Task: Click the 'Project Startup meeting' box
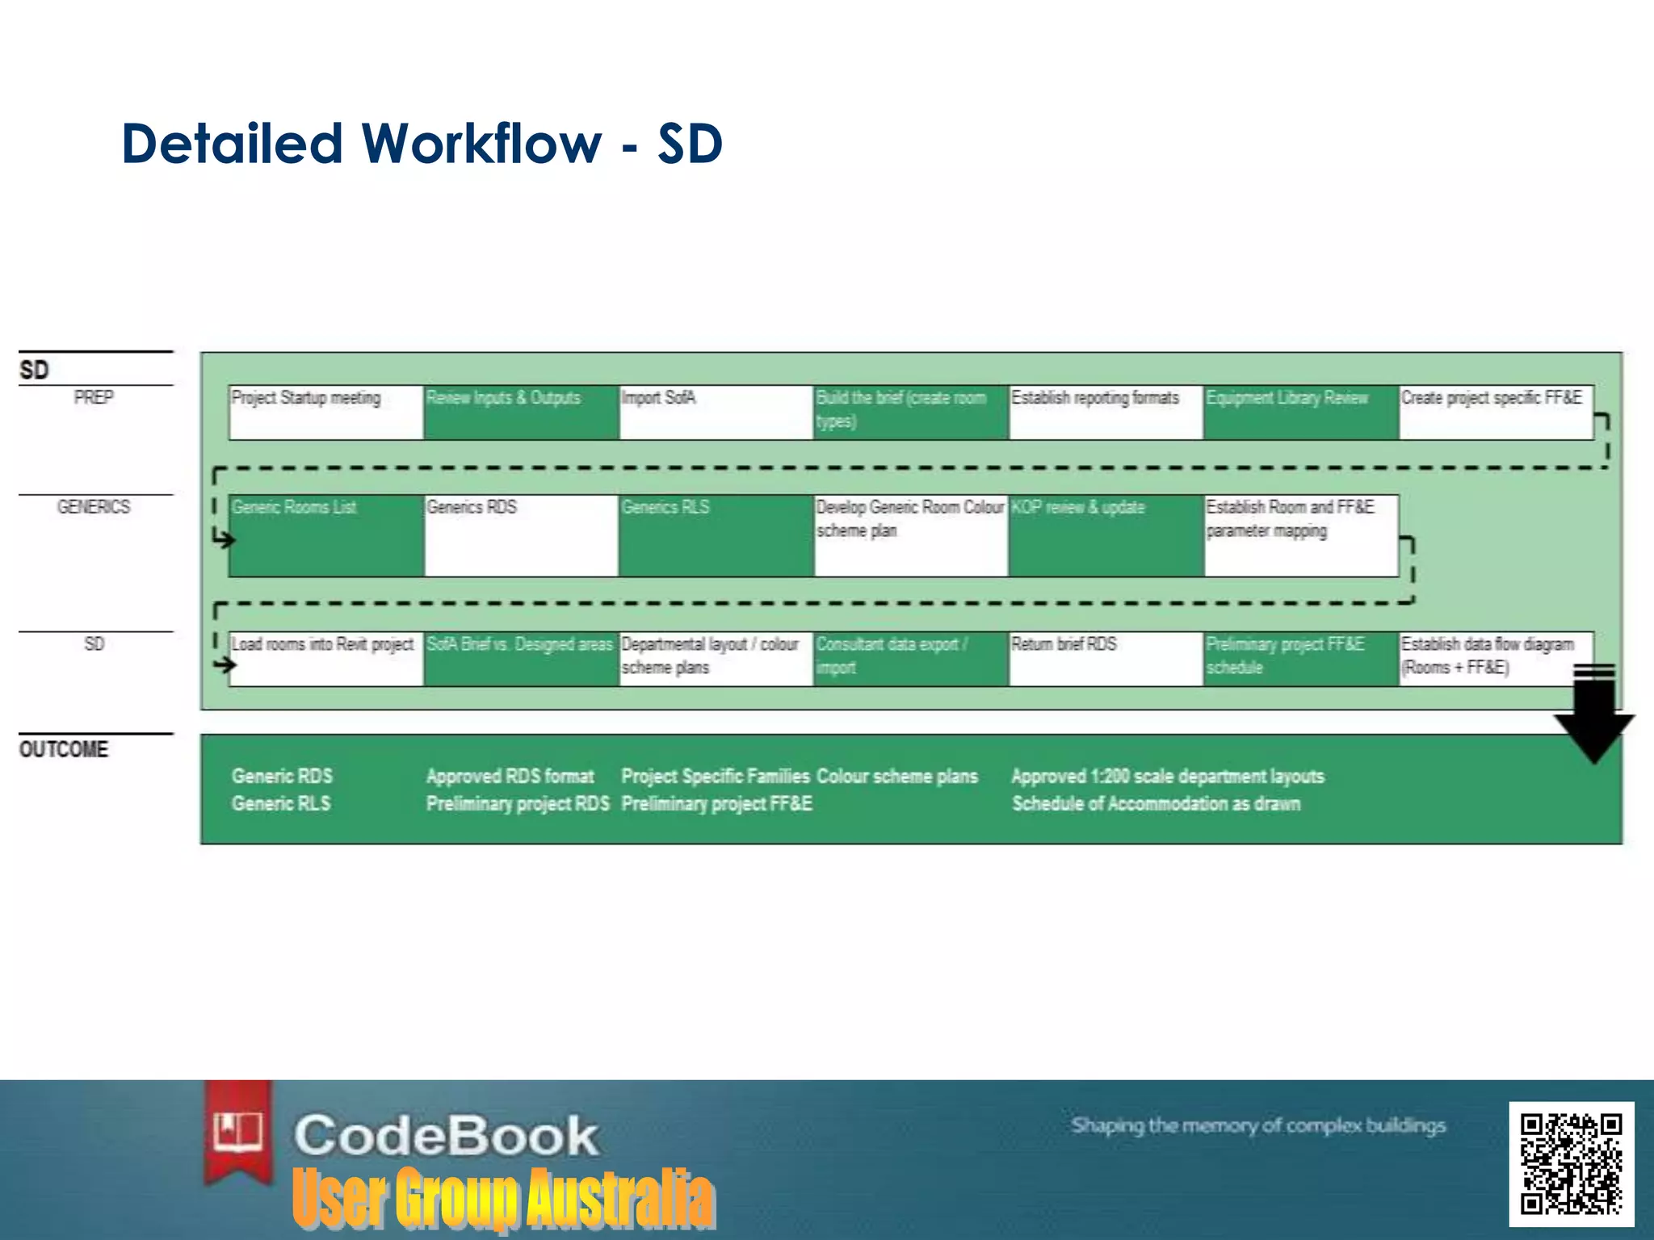[326, 413]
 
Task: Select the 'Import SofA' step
[716, 413]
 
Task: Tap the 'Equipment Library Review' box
[1300, 413]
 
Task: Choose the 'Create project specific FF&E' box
[1496, 413]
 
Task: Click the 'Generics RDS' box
[521, 535]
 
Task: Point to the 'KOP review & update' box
[1106, 535]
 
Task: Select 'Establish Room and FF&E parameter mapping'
[1300, 535]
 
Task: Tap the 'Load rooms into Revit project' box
[326, 659]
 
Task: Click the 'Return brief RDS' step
[1106, 659]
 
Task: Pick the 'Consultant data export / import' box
[910, 659]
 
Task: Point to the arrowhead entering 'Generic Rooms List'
[225, 539]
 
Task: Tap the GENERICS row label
[94, 507]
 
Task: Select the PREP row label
[94, 397]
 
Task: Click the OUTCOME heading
[64, 749]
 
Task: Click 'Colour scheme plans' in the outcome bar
[896, 777]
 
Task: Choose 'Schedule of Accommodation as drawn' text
[1156, 804]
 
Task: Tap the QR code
[1571, 1163]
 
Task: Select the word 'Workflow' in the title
[481, 144]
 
